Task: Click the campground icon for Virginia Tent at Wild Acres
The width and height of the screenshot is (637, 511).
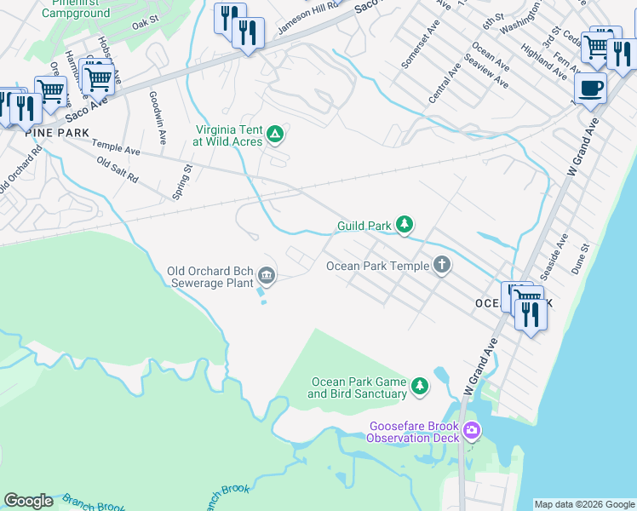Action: (275, 134)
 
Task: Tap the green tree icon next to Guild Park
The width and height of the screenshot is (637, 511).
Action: (406, 226)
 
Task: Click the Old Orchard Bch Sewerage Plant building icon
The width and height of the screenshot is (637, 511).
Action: (267, 274)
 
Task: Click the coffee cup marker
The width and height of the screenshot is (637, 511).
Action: (590, 87)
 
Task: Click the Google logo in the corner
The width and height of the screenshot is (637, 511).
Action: (28, 501)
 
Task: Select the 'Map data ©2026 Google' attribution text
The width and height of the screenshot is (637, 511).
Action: (584, 504)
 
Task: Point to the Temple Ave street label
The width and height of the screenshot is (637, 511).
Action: (116, 149)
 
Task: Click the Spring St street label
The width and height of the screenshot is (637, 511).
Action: (182, 182)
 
